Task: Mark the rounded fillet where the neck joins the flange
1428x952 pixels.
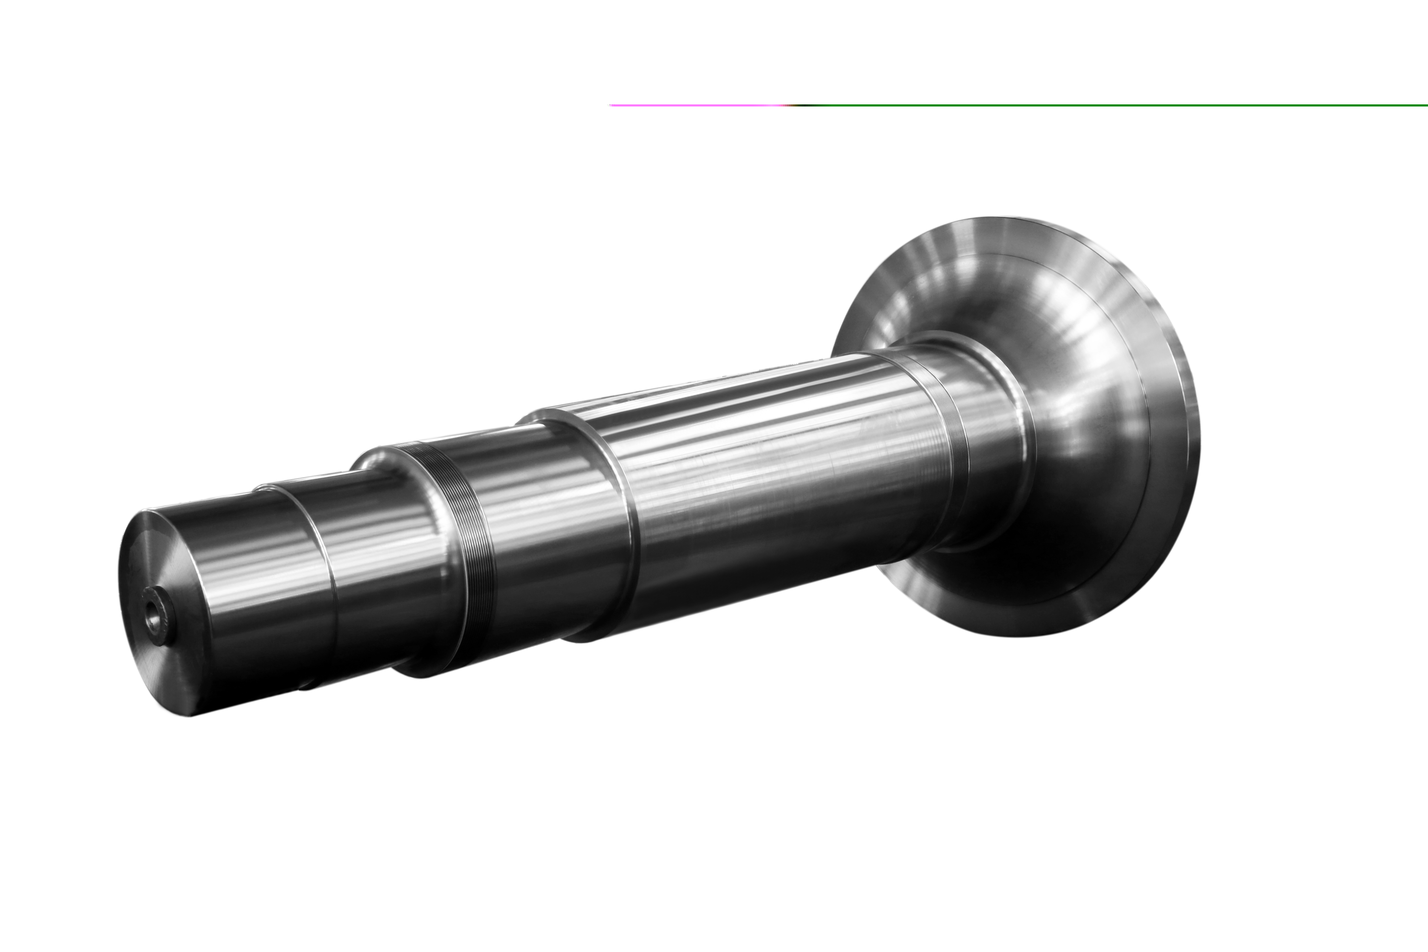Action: click(1026, 437)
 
